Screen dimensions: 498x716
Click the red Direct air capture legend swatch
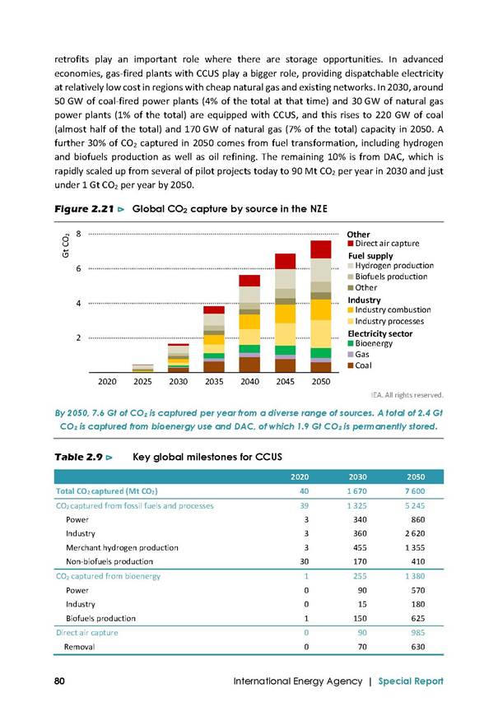[x=351, y=244]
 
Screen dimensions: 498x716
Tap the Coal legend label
[x=363, y=365]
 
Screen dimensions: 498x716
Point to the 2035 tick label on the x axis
[x=214, y=381]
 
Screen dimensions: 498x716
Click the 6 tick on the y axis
[x=78, y=268]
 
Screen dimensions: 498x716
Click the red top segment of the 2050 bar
[x=321, y=250]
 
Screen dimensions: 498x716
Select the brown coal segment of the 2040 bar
[x=249, y=365]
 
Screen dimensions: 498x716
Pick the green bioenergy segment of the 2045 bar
[x=285, y=351]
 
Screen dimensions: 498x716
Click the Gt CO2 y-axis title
[x=66, y=246]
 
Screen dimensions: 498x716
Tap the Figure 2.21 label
[x=84, y=209]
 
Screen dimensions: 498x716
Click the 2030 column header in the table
[x=358, y=477]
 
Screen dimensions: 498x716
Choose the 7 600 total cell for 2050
[x=416, y=491]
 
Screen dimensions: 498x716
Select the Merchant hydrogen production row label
[x=122, y=547]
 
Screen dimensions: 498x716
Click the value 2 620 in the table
[x=415, y=533]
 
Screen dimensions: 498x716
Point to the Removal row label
[x=80, y=647]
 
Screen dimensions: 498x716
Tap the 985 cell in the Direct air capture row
[x=417, y=632]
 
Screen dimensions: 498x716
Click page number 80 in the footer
[x=59, y=681]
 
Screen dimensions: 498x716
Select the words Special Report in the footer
[x=411, y=681]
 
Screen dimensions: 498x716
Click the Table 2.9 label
[x=78, y=457]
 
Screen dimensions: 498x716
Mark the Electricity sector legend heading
[x=380, y=334]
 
